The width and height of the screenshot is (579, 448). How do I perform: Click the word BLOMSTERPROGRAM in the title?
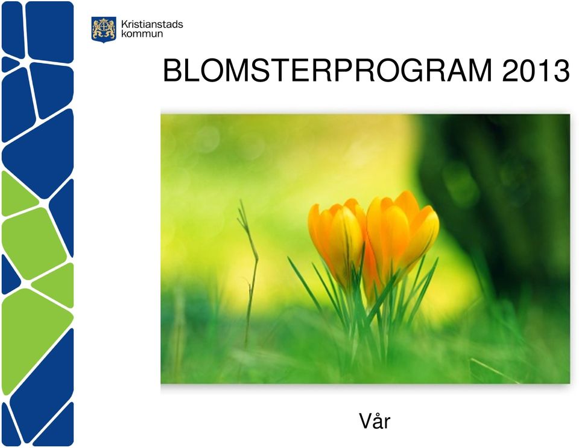327,71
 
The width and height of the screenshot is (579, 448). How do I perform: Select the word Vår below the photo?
375,421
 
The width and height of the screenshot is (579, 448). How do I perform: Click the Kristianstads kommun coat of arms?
104,30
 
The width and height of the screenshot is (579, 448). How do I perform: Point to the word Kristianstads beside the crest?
152,25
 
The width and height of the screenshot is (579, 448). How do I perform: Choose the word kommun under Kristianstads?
142,34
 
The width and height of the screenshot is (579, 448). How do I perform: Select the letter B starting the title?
172,71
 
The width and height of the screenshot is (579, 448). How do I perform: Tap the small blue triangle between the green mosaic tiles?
10,274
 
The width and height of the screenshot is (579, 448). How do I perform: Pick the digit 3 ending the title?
562,71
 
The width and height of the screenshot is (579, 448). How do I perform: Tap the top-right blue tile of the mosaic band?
49,31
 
